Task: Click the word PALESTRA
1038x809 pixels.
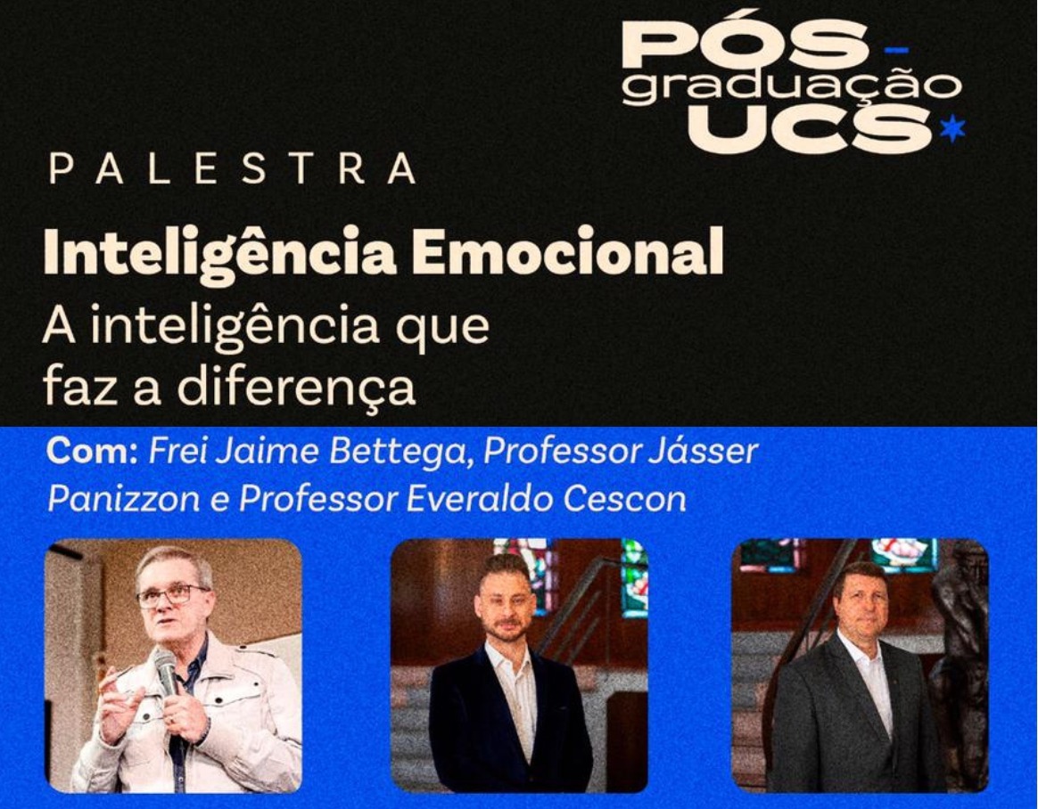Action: [x=233, y=168]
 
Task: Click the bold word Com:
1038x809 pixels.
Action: [x=91, y=452]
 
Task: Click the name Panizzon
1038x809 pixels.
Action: [x=123, y=499]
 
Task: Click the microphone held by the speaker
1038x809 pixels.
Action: [x=166, y=672]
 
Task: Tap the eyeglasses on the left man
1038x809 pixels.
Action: [x=172, y=594]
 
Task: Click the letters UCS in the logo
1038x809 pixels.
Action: [x=811, y=127]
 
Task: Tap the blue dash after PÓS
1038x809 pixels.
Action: [x=897, y=50]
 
